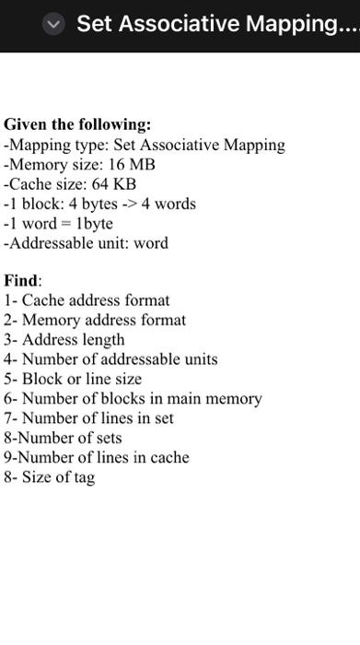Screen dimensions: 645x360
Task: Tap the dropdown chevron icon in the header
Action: [x=54, y=25]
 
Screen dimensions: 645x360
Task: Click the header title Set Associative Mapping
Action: [x=216, y=24]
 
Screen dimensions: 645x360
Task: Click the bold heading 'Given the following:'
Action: [x=77, y=124]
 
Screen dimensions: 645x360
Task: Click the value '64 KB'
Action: [x=113, y=184]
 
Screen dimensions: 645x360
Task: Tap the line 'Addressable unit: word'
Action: [x=87, y=243]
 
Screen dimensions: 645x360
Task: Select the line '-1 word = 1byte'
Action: [x=59, y=224]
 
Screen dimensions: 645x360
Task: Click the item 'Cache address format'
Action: [x=96, y=300]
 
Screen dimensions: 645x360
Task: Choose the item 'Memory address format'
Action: [x=103, y=321]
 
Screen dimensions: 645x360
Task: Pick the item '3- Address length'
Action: [x=64, y=340]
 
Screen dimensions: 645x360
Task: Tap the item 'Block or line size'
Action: [x=82, y=379]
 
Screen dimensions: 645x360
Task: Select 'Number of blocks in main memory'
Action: [x=142, y=399]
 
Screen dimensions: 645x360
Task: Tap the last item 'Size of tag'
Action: [x=58, y=477]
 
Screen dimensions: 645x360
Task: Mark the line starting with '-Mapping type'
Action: [x=145, y=145]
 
